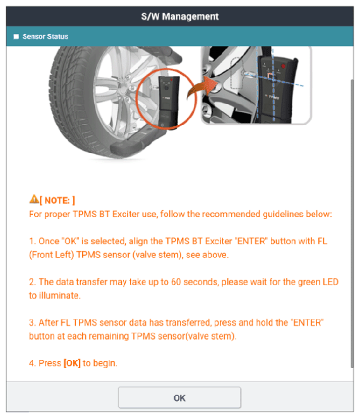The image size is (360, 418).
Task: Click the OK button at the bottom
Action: (x=179, y=398)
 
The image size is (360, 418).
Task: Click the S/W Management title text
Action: (x=180, y=16)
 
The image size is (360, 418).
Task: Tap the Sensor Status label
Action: (x=45, y=37)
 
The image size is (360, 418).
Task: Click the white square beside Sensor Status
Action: (x=16, y=37)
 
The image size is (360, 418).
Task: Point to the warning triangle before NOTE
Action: (x=34, y=199)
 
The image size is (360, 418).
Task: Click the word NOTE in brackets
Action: (x=57, y=200)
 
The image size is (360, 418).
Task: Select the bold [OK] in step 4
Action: (x=72, y=363)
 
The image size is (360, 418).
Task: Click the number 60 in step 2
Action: (x=176, y=282)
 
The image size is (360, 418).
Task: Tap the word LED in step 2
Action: (x=330, y=282)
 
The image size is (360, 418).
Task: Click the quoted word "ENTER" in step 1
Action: (x=251, y=241)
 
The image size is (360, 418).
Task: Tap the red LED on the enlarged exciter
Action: (x=283, y=66)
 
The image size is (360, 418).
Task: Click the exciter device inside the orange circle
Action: (x=169, y=101)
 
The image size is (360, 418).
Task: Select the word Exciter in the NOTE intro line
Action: (x=126, y=214)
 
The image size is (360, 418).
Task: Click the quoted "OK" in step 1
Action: (x=70, y=241)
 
